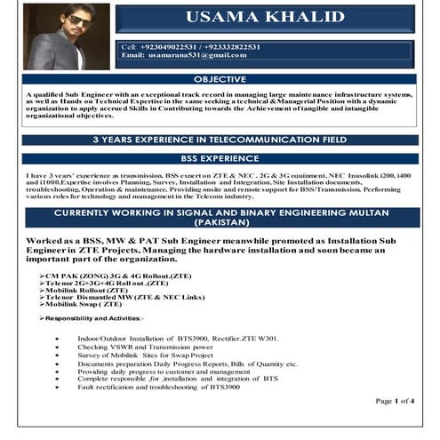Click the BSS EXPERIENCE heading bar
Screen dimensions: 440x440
point(220,157)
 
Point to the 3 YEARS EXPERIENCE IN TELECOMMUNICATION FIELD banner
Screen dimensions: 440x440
point(220,140)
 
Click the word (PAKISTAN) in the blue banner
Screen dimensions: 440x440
point(220,226)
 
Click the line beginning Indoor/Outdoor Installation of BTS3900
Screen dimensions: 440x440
point(178,339)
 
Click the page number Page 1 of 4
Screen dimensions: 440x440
point(395,401)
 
